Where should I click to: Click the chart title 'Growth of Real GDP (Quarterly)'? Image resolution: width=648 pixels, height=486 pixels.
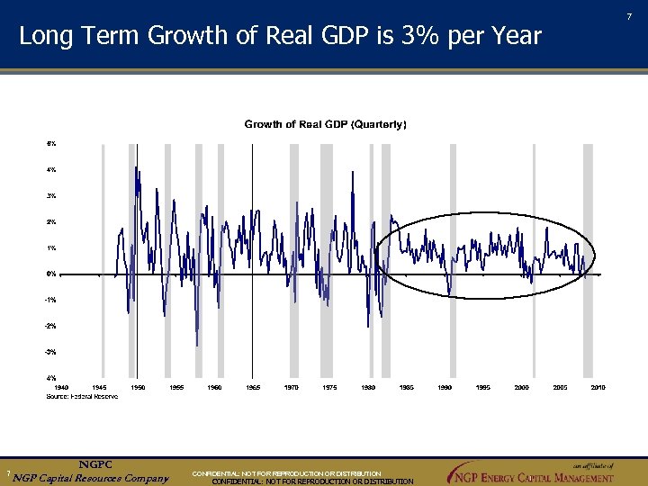(325, 124)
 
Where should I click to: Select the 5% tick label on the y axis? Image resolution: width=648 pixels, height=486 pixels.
(51, 143)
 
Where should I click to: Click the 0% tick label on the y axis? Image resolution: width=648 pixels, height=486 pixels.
(51, 274)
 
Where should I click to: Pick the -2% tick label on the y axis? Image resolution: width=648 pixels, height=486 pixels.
(51, 326)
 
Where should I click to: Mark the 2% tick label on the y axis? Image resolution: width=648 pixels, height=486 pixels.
(51, 221)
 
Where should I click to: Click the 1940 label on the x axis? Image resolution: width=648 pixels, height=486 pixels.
(61, 387)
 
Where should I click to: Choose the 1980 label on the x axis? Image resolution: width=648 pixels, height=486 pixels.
(368, 387)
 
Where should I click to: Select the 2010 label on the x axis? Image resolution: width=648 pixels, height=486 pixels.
(598, 387)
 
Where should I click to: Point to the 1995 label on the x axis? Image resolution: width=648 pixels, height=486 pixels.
(483, 387)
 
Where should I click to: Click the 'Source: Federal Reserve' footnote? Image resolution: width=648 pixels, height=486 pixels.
(82, 396)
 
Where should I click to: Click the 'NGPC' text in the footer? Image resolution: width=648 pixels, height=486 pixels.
(94, 464)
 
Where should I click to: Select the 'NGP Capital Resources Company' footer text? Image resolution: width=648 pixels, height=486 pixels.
(90, 477)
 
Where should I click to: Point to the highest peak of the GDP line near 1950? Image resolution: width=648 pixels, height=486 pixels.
(136, 166)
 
